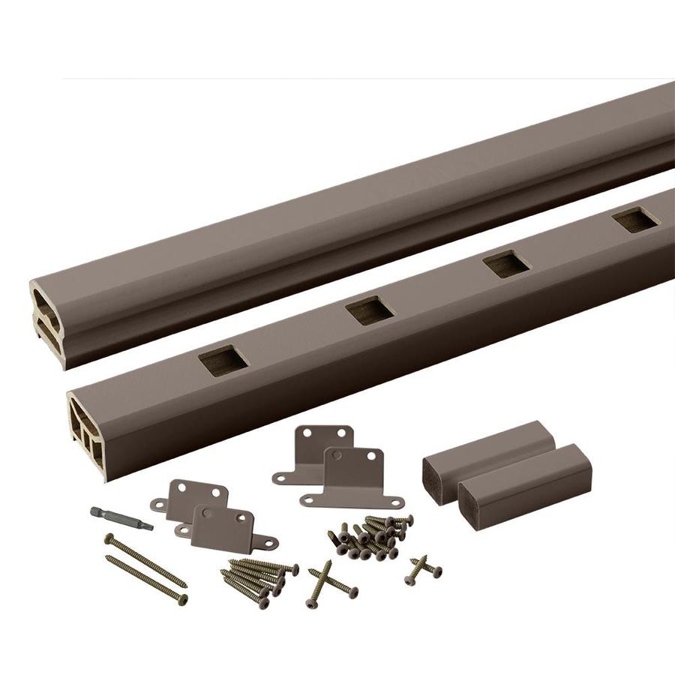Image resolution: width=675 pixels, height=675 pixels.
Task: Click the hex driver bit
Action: pos(120,518)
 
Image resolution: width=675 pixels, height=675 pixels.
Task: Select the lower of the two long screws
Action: pos(146,580)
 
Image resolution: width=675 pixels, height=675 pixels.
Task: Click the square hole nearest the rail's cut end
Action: pos(223,360)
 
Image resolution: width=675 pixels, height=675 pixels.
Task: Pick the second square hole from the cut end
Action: pos(370,310)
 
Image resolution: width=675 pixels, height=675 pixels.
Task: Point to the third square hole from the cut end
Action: pos(506,263)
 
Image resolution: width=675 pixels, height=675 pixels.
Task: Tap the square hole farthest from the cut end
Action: pos(635,219)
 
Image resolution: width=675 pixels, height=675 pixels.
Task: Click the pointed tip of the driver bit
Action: pos(149,526)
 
